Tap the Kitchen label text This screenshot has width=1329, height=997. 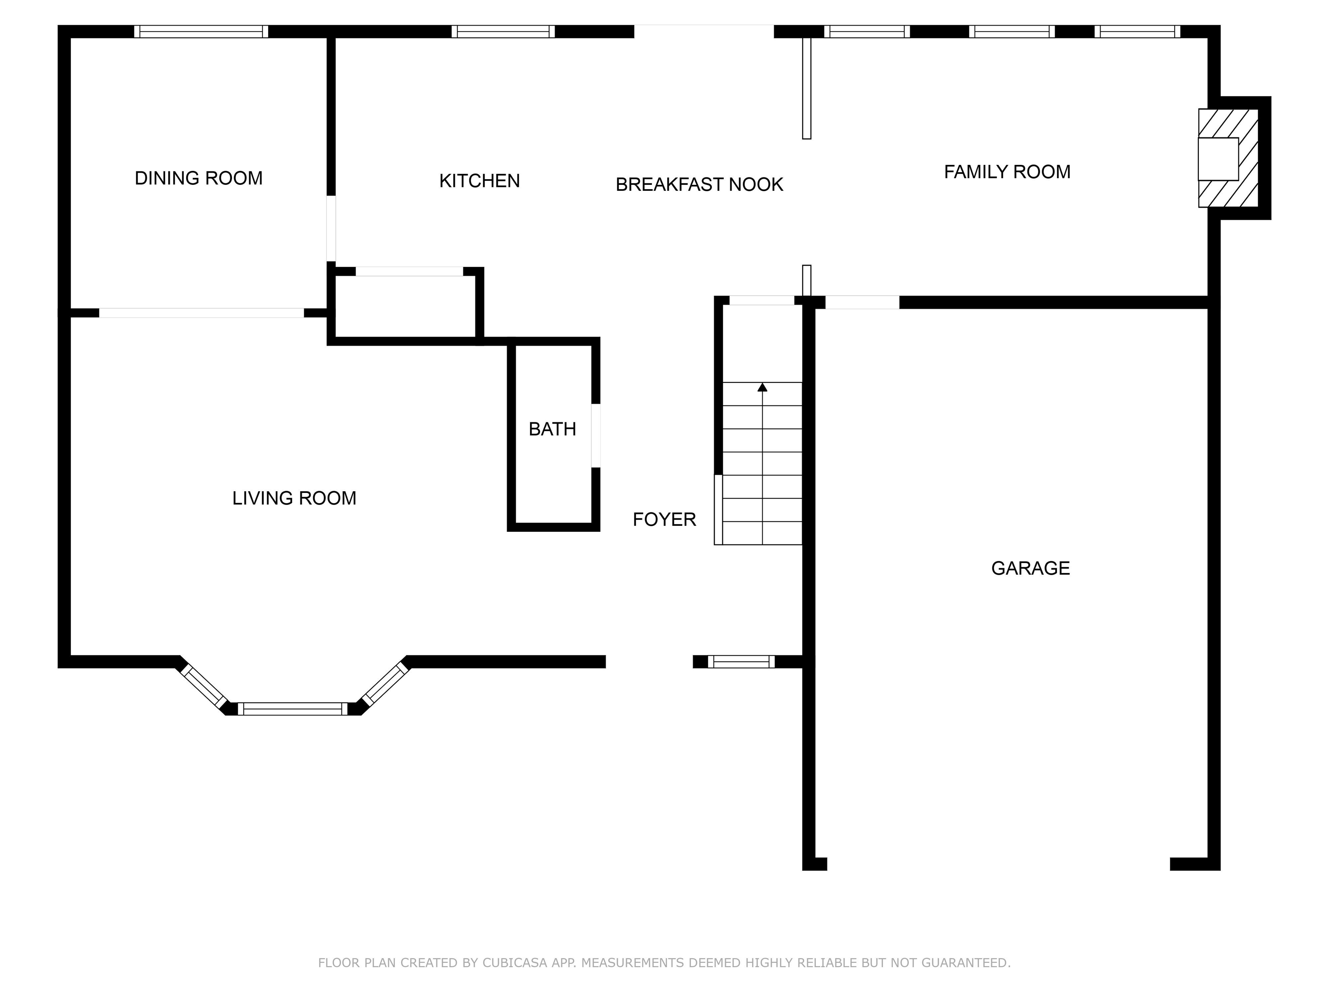[x=479, y=181]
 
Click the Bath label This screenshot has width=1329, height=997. [x=552, y=429]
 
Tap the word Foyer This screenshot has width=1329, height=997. [x=664, y=519]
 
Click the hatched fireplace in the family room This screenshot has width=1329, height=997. [x=1229, y=158]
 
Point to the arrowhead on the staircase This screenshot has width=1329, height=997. [x=762, y=387]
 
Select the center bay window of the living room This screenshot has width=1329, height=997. [x=292, y=708]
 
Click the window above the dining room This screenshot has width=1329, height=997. [x=201, y=31]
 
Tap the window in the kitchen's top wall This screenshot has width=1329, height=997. [x=503, y=31]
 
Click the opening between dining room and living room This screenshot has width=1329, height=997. [x=201, y=312]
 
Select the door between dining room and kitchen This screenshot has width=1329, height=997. [x=331, y=228]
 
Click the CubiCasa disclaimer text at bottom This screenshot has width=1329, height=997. [x=664, y=963]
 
